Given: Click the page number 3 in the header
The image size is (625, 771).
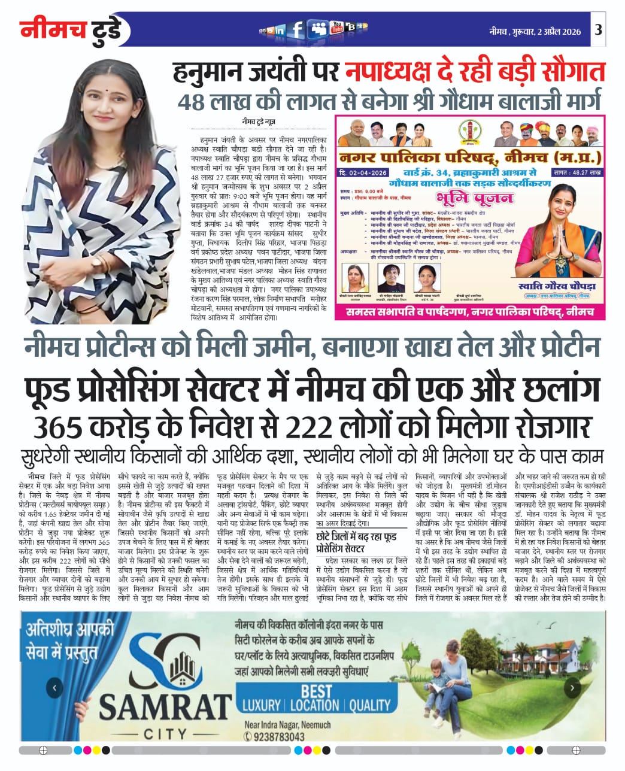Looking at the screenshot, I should (599, 31).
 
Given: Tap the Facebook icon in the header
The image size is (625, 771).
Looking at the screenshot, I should (297, 29).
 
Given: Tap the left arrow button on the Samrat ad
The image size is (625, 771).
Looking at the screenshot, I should (54, 688).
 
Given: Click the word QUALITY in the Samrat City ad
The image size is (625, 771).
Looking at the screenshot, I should (370, 705).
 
